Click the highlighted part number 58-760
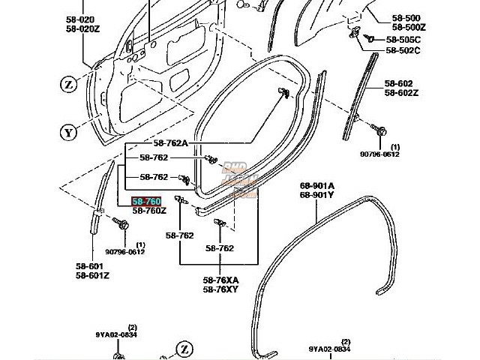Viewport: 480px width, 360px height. coord(146,202)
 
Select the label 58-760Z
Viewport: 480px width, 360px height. coord(149,211)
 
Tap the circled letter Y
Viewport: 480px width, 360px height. coord(69,133)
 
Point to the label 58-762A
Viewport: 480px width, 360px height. coord(172,144)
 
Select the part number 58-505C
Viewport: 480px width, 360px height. coord(403,39)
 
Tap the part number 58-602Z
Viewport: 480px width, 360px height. coord(403,93)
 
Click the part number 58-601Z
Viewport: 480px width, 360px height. coord(91,275)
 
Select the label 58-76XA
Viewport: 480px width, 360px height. coord(220,279)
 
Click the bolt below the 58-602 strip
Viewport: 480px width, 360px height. coord(380,132)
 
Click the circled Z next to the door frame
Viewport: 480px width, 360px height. coord(69,85)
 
